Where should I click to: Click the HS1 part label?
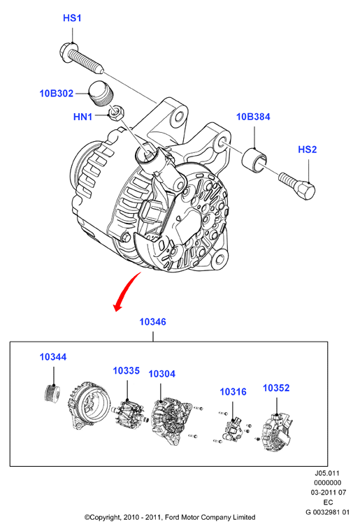point(72,18)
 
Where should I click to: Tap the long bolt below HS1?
point(81,57)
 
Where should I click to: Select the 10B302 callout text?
point(57,93)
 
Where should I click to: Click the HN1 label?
point(82,117)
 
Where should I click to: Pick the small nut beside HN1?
point(116,112)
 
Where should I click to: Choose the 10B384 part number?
point(253,117)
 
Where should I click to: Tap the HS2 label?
point(307,150)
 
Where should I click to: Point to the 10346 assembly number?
point(152,321)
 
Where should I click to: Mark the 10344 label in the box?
point(53,357)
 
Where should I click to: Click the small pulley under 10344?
point(52,394)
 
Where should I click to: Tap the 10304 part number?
point(162,374)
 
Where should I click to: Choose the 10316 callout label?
point(233,392)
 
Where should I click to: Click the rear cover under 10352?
point(278,432)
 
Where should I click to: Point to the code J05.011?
point(327,473)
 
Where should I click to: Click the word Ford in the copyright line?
point(173,517)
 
